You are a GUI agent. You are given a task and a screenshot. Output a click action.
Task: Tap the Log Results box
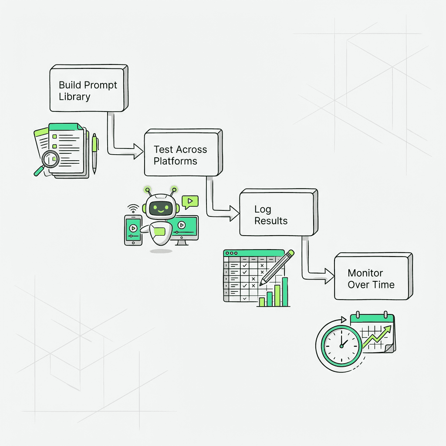277,213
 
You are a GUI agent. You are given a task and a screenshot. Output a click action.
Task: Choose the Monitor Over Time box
372,277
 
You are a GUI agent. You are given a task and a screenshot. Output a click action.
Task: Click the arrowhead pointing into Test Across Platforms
139,152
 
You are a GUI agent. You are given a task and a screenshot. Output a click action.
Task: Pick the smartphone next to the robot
133,229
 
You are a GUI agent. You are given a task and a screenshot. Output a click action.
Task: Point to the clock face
341,344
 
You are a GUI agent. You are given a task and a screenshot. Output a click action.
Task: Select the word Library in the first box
74,97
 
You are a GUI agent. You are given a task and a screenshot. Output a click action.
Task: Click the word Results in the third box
271,221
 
